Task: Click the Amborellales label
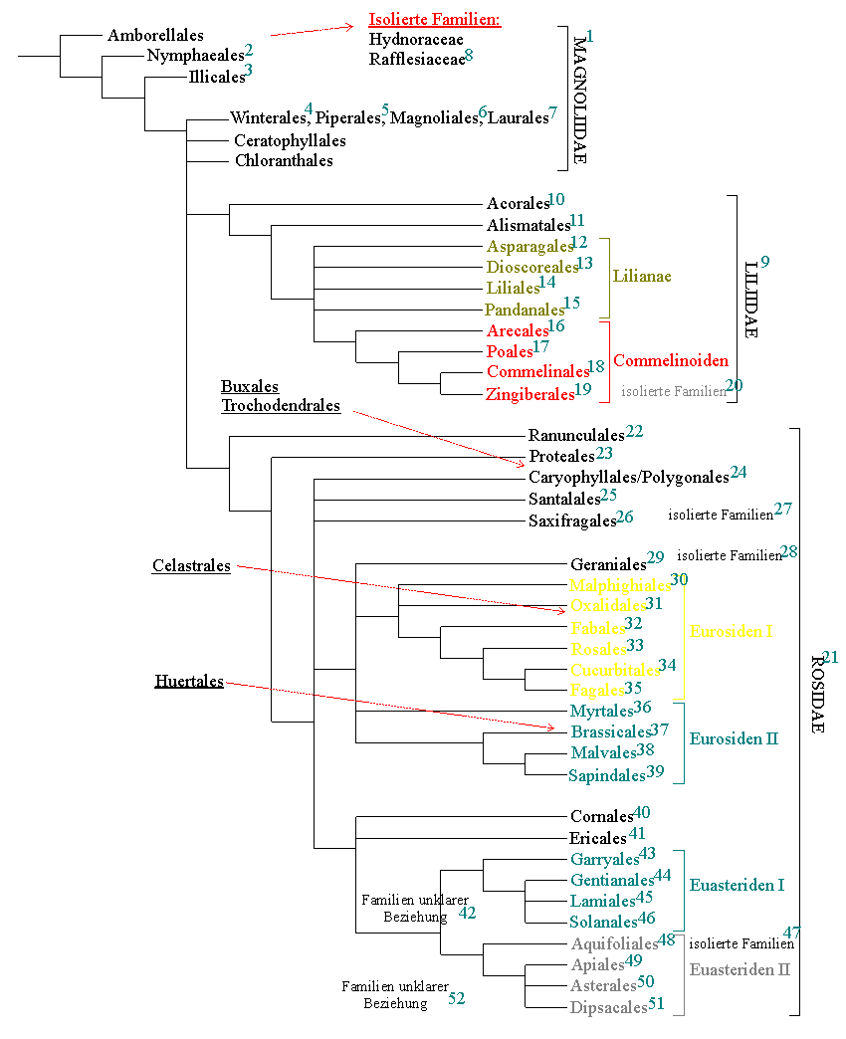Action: coord(155,35)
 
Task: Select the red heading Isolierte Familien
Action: coord(435,20)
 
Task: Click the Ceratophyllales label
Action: coord(290,141)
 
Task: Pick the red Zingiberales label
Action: coord(530,394)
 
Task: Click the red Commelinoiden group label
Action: coord(670,360)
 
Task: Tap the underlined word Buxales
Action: coord(249,387)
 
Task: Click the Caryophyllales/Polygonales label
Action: coord(628,478)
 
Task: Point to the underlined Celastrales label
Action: coord(191,566)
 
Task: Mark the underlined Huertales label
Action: coord(189,682)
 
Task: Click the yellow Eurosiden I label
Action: coord(731,631)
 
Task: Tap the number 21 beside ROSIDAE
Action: coord(831,658)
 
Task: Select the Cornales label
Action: coord(601,817)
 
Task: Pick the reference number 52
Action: coord(457,998)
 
